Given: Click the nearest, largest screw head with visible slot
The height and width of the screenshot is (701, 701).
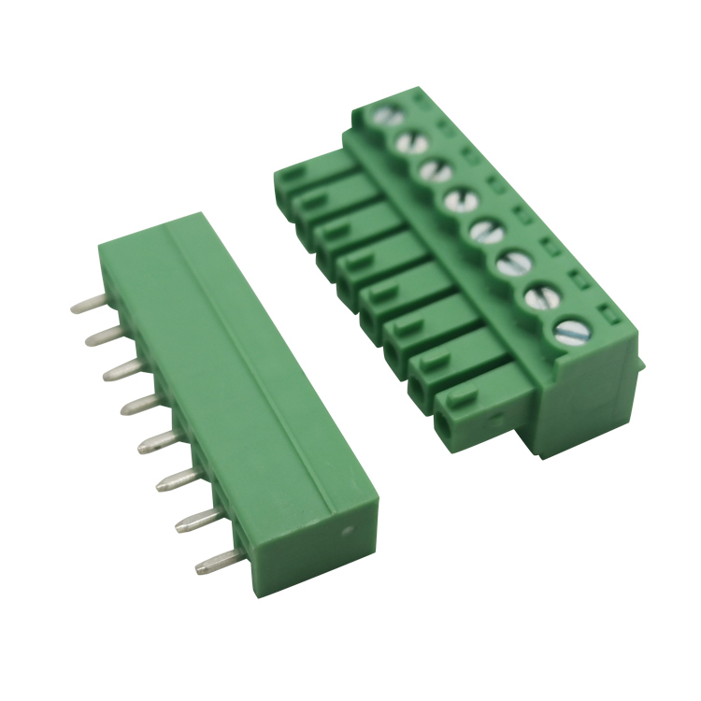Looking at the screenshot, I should pos(569,330).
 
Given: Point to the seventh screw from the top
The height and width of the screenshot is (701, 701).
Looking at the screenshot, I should pos(541,297).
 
